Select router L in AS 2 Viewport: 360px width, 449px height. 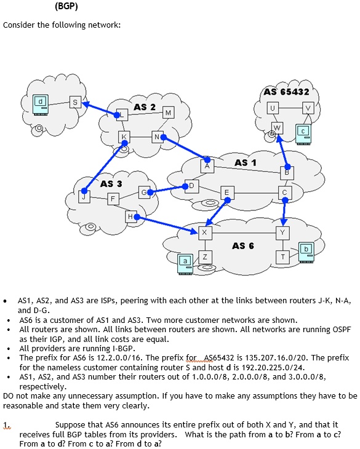[x=122, y=114]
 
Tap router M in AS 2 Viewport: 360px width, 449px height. [x=168, y=112]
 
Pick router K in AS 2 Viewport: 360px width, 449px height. [x=125, y=137]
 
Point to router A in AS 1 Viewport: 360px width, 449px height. [x=207, y=165]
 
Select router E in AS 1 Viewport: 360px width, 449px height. [x=226, y=193]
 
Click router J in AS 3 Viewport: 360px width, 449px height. [x=85, y=196]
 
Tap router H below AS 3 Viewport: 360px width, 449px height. [x=130, y=217]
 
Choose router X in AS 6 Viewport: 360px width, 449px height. [x=205, y=232]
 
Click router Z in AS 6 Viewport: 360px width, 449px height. [x=205, y=256]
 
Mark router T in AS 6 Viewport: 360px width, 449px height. [x=282, y=256]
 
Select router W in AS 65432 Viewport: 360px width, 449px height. [x=278, y=127]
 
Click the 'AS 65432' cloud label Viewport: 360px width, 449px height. [x=286, y=92]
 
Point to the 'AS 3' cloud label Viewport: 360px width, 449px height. [x=111, y=183]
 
